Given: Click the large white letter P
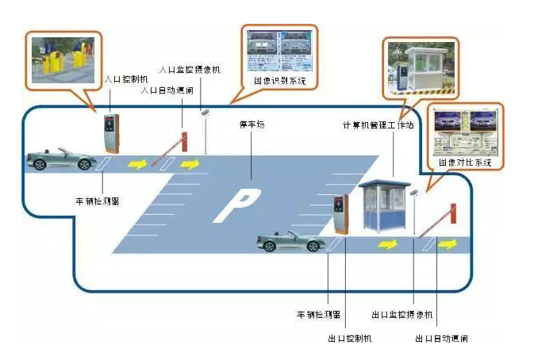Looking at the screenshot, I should click(232, 205).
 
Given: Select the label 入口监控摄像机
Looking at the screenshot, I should click(190, 69).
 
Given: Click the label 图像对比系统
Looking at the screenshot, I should click(466, 163).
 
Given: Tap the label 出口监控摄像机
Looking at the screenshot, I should click(401, 315).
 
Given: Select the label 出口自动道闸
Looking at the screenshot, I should click(441, 339).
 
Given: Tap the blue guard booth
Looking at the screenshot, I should click(386, 207).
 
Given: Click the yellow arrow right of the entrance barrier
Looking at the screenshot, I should click(190, 164).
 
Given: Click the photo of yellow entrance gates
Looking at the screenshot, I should click(63, 59).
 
